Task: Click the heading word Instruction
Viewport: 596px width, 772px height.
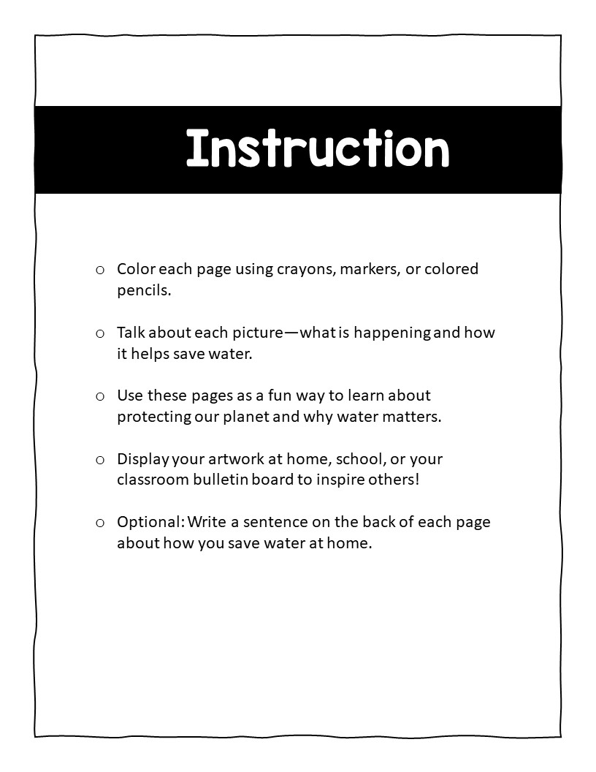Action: pyautogui.click(x=317, y=149)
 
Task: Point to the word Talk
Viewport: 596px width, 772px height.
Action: pyautogui.click(x=131, y=333)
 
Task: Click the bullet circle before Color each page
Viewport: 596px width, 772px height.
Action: pyautogui.click(x=100, y=270)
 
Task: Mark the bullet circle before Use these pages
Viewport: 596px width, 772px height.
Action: pyautogui.click(x=100, y=396)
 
